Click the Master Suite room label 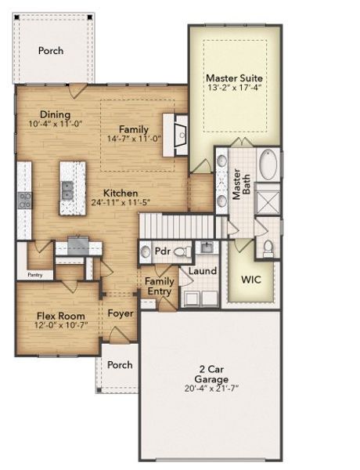(x=234, y=78)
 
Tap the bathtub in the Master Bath (x=268, y=165)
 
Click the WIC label (x=250, y=280)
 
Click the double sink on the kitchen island (x=67, y=188)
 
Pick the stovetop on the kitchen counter (x=24, y=200)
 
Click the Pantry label (x=35, y=275)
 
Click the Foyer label (x=121, y=313)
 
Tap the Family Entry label (x=160, y=286)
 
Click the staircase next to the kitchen (x=177, y=226)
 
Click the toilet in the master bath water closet (x=268, y=248)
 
